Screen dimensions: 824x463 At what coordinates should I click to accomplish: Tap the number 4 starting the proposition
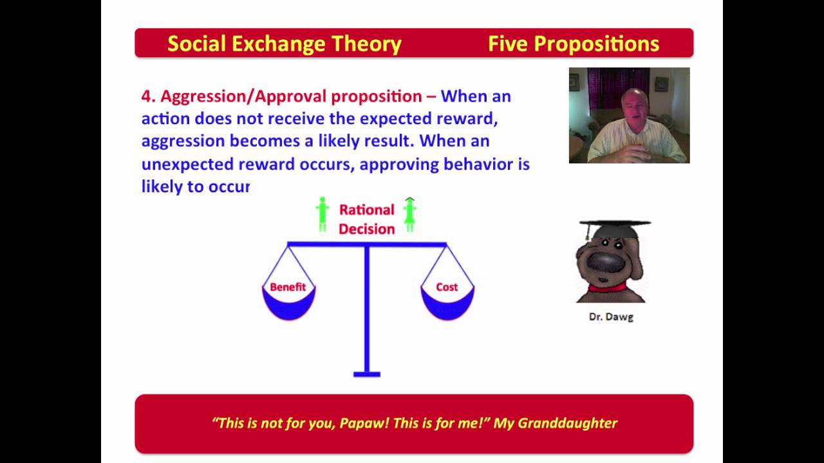[146, 96]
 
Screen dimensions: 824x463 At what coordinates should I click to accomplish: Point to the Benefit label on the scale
[288, 287]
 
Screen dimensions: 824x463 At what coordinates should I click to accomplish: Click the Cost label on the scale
[447, 287]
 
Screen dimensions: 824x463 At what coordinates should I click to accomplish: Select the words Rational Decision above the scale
[367, 219]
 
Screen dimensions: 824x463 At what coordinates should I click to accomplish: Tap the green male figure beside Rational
[323, 214]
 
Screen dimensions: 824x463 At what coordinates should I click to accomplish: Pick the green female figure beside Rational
[410, 215]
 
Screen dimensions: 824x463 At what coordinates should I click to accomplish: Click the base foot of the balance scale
[367, 374]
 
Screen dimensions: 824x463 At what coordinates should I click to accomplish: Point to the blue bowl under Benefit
[289, 304]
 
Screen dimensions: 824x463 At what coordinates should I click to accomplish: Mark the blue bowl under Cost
[447, 304]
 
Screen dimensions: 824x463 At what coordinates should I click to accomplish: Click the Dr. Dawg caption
[611, 317]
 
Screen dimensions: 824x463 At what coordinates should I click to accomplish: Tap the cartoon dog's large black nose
[606, 262]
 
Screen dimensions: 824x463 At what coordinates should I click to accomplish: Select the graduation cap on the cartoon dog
[614, 230]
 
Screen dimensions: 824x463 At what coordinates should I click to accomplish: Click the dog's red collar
[607, 287]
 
